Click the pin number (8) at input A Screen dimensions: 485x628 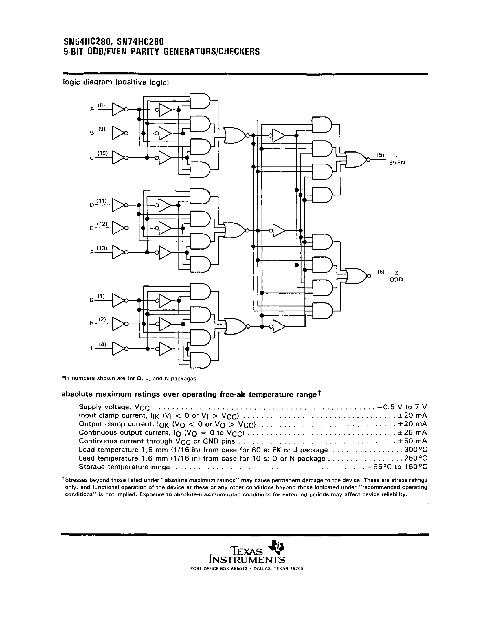click(x=101, y=105)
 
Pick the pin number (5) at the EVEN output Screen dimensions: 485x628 click(x=380, y=155)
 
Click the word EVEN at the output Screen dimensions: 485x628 click(x=397, y=163)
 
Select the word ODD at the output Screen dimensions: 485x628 click(x=396, y=280)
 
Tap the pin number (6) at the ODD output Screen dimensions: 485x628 click(x=381, y=272)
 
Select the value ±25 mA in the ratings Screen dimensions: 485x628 click(x=413, y=433)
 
